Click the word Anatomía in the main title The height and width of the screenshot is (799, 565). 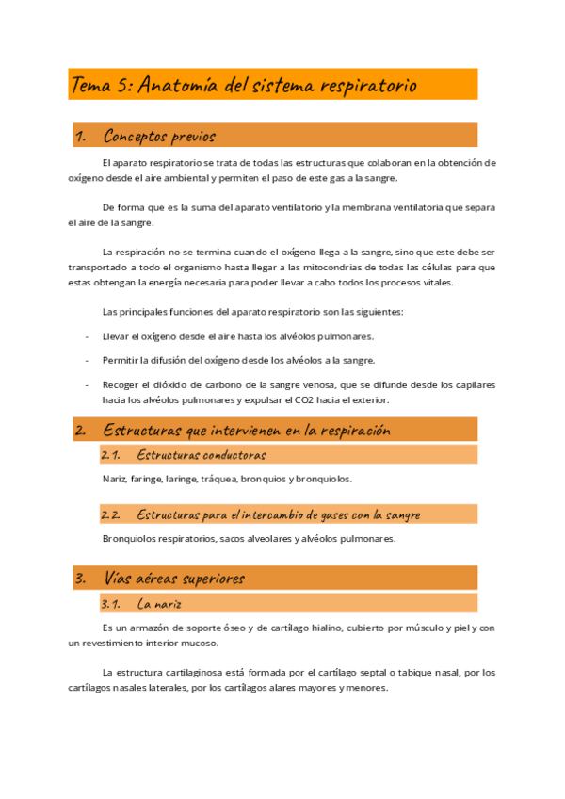click(179, 86)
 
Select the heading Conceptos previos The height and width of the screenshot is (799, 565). click(159, 137)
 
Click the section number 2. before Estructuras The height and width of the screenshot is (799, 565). click(81, 431)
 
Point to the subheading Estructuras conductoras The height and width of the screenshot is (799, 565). click(201, 455)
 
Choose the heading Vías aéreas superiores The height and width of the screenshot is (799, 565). click(174, 579)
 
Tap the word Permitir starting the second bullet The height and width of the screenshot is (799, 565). click(121, 360)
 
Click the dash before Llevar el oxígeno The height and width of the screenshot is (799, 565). click(87, 336)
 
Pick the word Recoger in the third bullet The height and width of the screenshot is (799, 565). click(121, 384)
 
